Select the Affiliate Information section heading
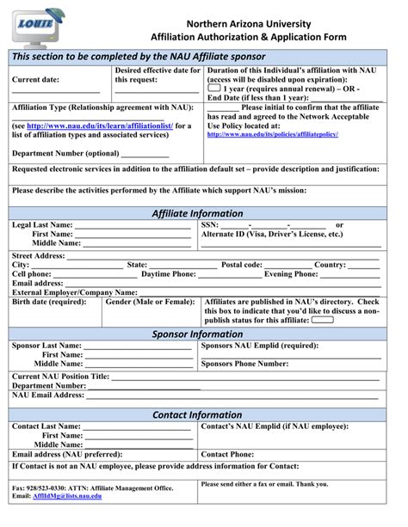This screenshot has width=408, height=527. click(x=197, y=213)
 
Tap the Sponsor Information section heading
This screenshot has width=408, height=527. click(x=197, y=334)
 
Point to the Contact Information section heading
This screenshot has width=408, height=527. click(x=197, y=414)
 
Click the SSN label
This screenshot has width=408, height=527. click(x=211, y=225)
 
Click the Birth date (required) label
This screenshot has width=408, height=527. click(x=48, y=303)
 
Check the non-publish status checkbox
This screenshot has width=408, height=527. click(x=322, y=319)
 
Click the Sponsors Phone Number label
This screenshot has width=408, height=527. click(x=244, y=364)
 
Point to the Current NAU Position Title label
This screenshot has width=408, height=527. click(x=60, y=377)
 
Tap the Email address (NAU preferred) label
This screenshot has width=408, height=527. click(x=66, y=454)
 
